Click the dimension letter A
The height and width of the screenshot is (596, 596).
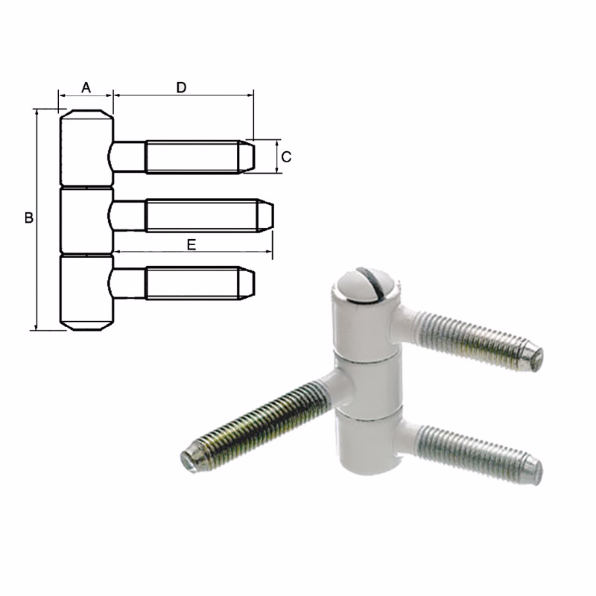(86, 87)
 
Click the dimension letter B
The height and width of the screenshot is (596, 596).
(28, 218)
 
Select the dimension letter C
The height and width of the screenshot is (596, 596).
(287, 156)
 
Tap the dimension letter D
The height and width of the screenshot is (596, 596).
(181, 87)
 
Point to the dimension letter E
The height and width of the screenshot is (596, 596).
(191, 244)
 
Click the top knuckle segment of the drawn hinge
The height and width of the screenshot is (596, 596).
(86, 149)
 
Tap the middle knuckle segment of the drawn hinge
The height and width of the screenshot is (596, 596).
(86, 222)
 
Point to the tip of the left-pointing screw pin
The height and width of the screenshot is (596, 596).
(188, 457)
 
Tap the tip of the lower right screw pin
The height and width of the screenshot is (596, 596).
(535, 467)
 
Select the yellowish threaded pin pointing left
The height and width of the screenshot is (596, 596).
(261, 421)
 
